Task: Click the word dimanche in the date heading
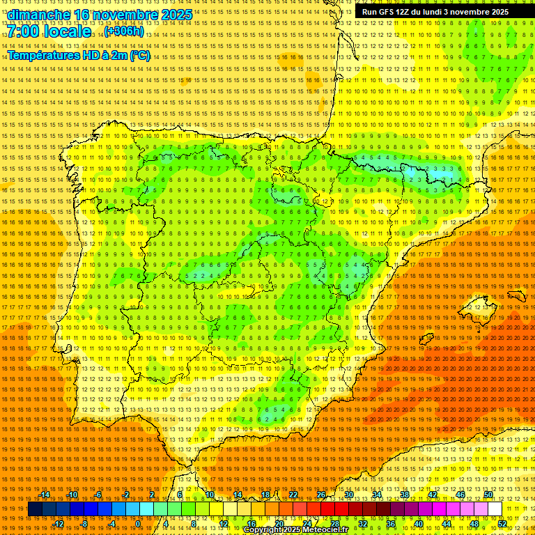pyautogui.click(x=39, y=15)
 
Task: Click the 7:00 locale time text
pyautogui.click(x=49, y=32)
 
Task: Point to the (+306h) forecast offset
pyautogui.click(x=124, y=32)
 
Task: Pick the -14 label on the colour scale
pyautogui.click(x=46, y=495)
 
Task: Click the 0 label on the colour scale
pyautogui.click(x=139, y=524)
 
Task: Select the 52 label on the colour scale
pyautogui.click(x=502, y=524)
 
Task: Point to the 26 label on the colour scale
pyautogui.click(x=321, y=495)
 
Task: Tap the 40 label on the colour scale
pyautogui.click(x=418, y=524)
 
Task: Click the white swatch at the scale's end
pyautogui.click(x=495, y=509)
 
